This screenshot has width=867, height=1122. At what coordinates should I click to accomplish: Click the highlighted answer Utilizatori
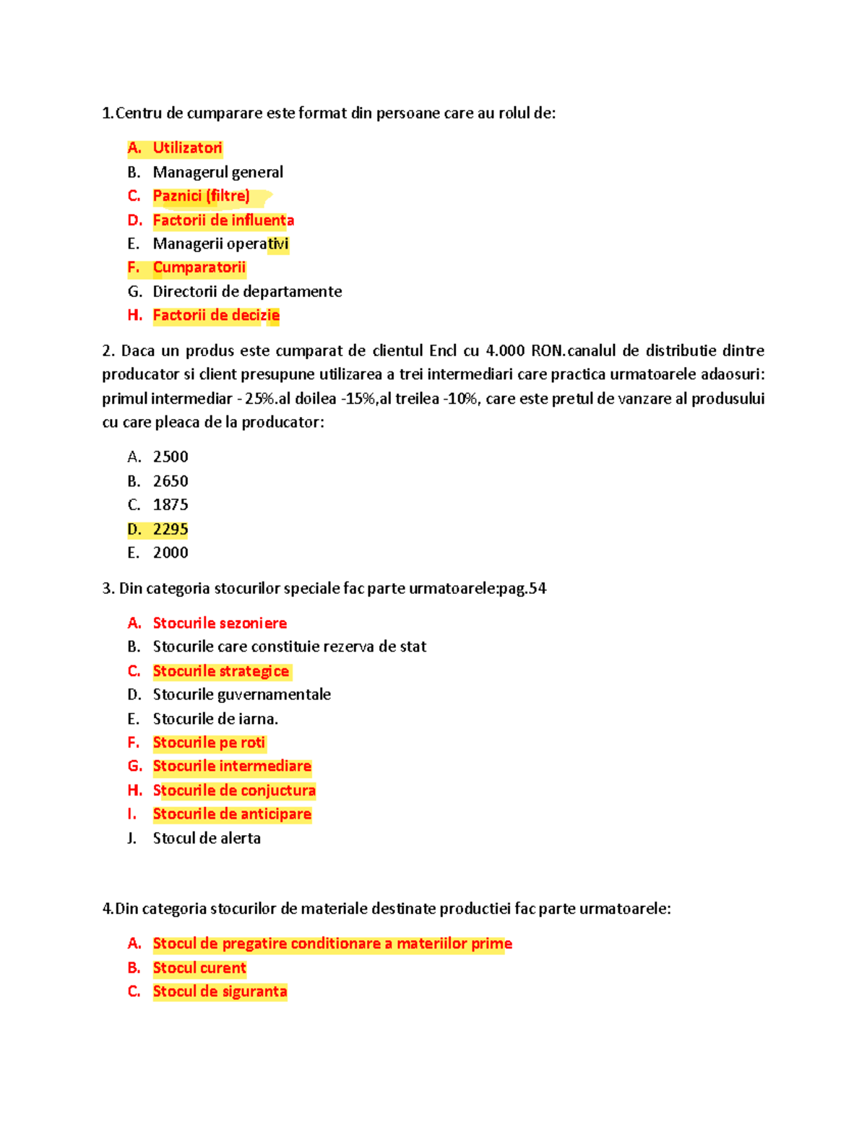(x=187, y=148)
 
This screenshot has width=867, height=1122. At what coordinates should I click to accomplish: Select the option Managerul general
(x=217, y=172)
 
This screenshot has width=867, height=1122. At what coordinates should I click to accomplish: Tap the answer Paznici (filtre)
(x=201, y=196)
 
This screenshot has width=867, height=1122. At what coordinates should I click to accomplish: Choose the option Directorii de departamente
(x=247, y=291)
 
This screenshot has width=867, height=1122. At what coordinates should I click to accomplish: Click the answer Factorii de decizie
(x=216, y=315)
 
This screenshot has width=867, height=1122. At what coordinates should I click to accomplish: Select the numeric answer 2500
(x=171, y=457)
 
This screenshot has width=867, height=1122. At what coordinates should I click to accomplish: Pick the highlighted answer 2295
(x=171, y=529)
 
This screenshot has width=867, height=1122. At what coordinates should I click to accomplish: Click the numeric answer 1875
(x=171, y=504)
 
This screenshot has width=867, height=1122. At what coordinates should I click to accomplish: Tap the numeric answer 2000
(x=171, y=553)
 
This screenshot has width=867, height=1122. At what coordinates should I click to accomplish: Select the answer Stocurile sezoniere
(x=220, y=623)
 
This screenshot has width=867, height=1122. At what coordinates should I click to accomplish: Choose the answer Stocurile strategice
(x=220, y=671)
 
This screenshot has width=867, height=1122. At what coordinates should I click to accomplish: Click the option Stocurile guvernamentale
(x=241, y=694)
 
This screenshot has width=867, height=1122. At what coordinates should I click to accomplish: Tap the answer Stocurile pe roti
(x=209, y=743)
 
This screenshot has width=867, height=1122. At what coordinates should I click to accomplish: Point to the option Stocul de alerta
(x=207, y=838)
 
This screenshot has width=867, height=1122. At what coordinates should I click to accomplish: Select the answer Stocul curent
(x=199, y=968)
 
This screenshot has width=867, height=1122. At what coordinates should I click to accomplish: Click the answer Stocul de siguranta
(x=220, y=991)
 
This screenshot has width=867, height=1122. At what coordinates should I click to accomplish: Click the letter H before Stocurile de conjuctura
(x=134, y=790)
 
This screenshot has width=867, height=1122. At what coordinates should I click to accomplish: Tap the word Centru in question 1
(x=139, y=113)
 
